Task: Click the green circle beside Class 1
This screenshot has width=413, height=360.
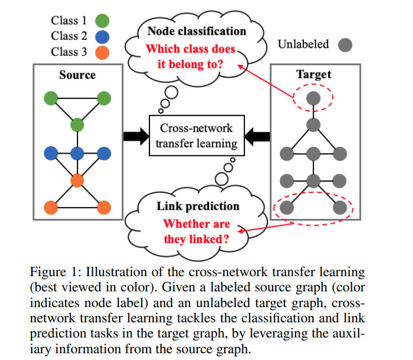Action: click(x=102, y=21)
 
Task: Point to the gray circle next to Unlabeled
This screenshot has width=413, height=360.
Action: click(x=345, y=44)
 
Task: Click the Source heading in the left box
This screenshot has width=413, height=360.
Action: click(x=78, y=74)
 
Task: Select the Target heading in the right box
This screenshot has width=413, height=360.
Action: click(x=314, y=74)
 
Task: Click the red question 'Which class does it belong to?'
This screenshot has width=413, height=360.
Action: click(x=191, y=56)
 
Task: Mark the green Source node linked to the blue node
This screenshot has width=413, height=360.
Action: click(x=77, y=124)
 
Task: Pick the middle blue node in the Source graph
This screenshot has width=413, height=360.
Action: click(x=77, y=152)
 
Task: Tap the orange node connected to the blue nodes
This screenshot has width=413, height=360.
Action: click(x=77, y=181)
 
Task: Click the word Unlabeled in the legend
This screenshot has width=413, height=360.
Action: click(x=303, y=44)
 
